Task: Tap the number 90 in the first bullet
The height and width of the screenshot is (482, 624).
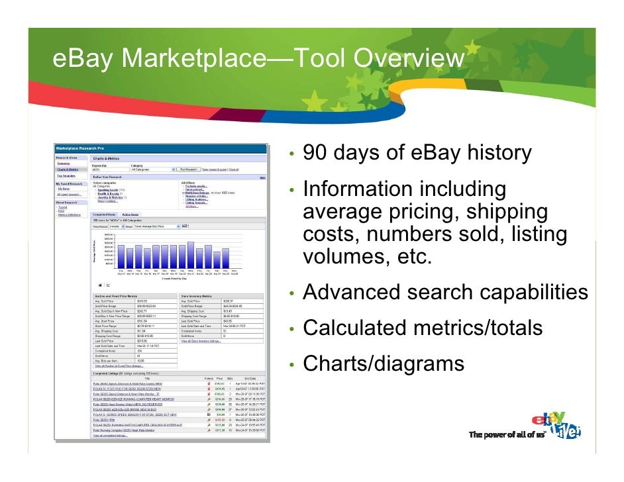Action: pyautogui.click(x=316, y=154)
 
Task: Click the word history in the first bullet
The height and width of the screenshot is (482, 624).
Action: pyautogui.click(x=499, y=154)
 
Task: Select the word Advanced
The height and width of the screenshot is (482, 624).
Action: pyautogui.click(x=351, y=293)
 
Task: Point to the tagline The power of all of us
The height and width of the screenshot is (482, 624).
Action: pyautogui.click(x=507, y=434)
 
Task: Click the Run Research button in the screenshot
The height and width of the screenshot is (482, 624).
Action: pyautogui.click(x=188, y=169)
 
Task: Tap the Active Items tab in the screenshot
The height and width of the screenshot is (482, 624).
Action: pyautogui.click(x=130, y=215)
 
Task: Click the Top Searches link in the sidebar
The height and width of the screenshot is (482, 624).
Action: pyautogui.click(x=66, y=175)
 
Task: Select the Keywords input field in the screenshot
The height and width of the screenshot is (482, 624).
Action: pyautogui.click(x=109, y=169)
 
